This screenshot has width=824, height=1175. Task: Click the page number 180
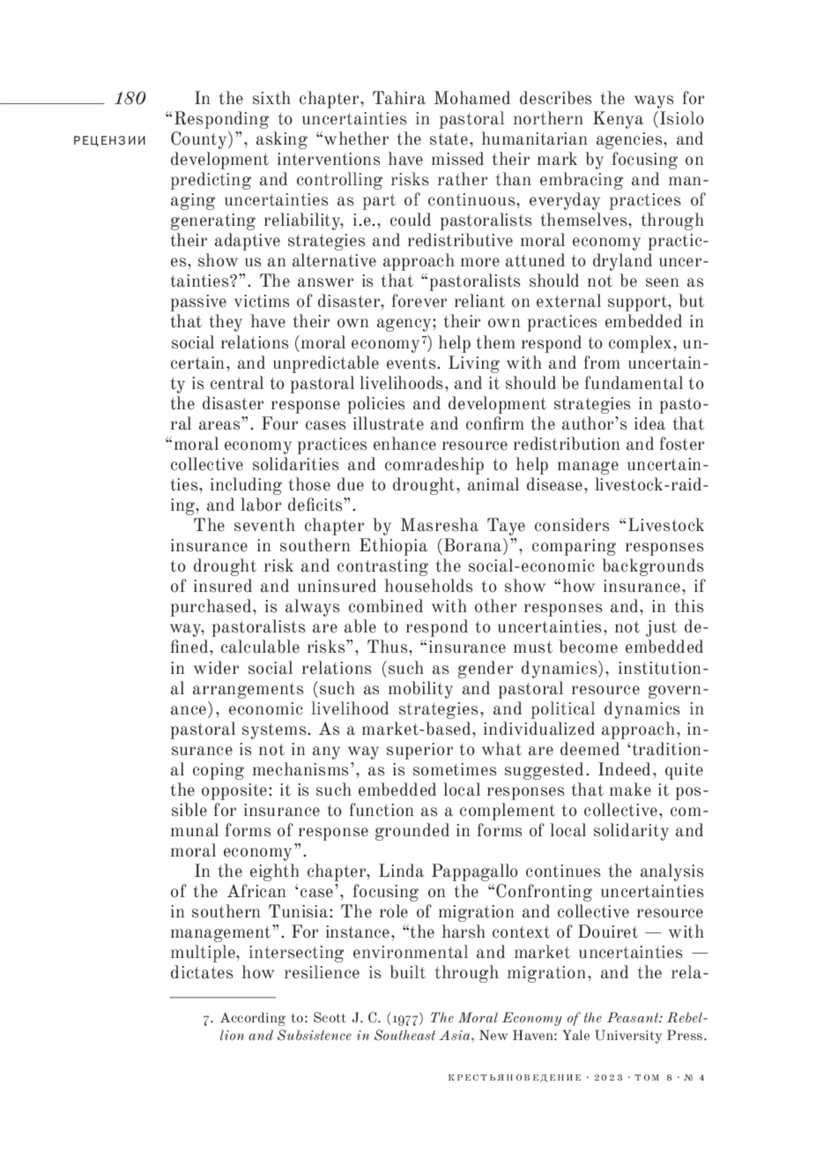(x=130, y=98)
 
